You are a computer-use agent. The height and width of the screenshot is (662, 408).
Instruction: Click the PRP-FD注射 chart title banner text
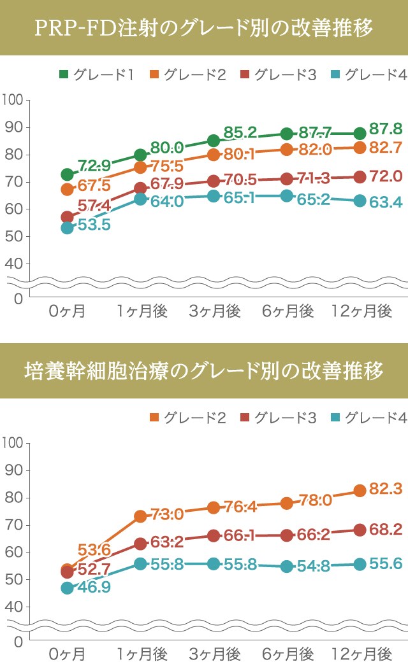[x=204, y=29]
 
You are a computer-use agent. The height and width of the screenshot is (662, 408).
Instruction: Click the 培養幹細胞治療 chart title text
[x=204, y=370]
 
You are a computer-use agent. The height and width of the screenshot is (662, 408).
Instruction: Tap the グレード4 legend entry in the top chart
[x=368, y=75]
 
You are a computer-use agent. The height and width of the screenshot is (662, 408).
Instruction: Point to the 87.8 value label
[x=386, y=129]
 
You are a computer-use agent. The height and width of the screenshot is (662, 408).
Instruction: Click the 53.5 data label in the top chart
[x=94, y=225]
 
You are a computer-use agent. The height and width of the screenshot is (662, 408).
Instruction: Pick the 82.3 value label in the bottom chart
[x=386, y=489]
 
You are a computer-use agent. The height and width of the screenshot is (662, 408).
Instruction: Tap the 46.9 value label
[x=94, y=587]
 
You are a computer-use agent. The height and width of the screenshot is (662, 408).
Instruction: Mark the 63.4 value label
[x=386, y=203]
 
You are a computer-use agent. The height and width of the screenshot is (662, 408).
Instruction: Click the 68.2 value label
[x=386, y=529]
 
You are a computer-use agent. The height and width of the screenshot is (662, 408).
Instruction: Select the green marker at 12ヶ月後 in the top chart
[x=360, y=134]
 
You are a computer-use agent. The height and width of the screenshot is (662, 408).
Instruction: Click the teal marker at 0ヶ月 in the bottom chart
[x=67, y=588]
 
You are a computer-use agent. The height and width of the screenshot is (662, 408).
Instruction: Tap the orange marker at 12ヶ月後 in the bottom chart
[x=360, y=491]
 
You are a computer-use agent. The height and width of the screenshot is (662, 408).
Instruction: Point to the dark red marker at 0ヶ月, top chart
[x=67, y=217]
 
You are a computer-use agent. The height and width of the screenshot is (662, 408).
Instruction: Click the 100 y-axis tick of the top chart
[x=12, y=100]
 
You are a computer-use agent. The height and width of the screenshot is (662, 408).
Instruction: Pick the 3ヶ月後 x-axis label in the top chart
[x=214, y=311]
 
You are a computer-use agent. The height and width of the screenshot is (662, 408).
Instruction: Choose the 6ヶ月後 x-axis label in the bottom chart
[x=288, y=653]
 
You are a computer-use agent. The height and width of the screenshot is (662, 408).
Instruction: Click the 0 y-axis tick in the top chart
[x=18, y=298]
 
